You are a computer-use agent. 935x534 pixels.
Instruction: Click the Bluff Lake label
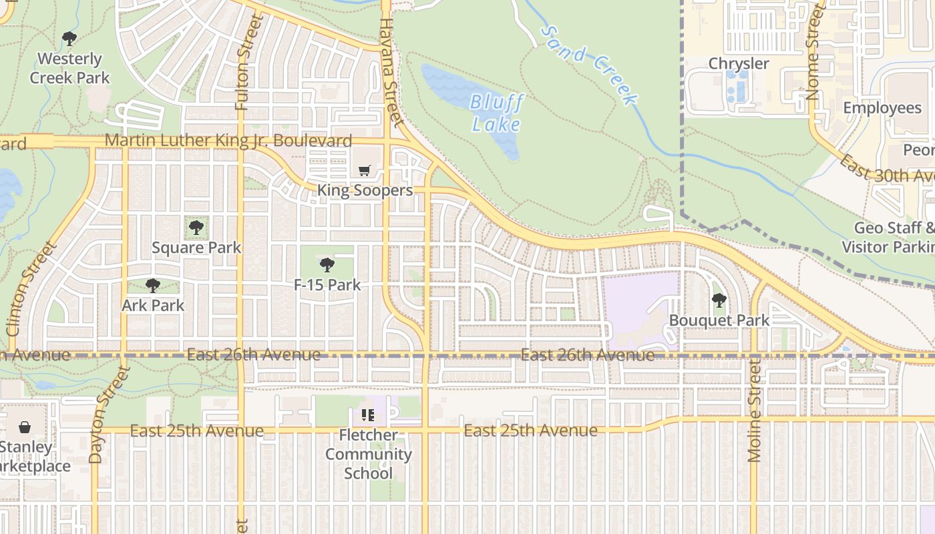pyautogui.click(x=496, y=113)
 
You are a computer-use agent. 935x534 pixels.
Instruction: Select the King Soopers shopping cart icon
pyautogui.click(x=364, y=172)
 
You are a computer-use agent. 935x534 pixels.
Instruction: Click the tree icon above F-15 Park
pyautogui.click(x=327, y=265)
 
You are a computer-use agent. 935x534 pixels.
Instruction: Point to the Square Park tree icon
pyautogui.click(x=196, y=228)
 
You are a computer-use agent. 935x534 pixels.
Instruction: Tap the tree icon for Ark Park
pyautogui.click(x=153, y=286)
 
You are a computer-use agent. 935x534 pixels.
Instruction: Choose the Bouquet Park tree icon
pyautogui.click(x=719, y=300)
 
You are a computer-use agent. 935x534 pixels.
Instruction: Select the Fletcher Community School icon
pyautogui.click(x=368, y=415)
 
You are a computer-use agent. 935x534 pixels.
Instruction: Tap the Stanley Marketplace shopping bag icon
pyautogui.click(x=25, y=427)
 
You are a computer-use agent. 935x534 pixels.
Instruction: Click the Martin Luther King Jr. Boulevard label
pyautogui.click(x=228, y=141)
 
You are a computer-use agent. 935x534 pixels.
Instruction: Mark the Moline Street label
pyautogui.click(x=755, y=411)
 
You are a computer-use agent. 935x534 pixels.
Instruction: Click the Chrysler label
pyautogui.click(x=739, y=63)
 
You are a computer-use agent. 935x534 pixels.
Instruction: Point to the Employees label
pyautogui.click(x=882, y=108)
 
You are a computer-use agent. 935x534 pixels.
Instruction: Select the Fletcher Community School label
pyautogui.click(x=368, y=454)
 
